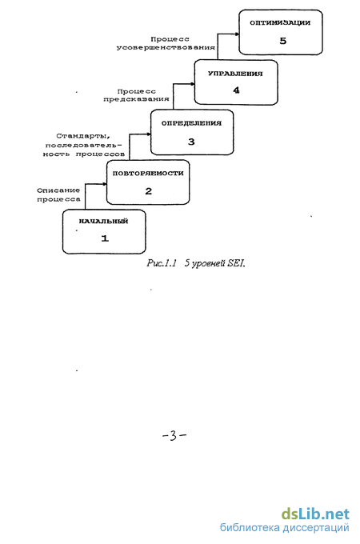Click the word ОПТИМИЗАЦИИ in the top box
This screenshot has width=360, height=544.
tap(280, 23)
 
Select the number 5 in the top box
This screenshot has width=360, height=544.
tap(283, 41)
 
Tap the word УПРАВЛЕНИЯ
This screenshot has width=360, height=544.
tap(235, 74)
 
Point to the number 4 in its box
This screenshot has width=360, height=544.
tap(236, 90)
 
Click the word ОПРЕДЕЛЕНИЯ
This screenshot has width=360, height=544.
tap(191, 123)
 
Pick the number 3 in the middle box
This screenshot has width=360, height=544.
tap(191, 142)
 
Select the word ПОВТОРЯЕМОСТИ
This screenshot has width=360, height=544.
tap(148, 173)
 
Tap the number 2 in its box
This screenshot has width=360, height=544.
tap(149, 191)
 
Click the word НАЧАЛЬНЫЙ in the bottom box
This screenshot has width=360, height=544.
tap(104, 221)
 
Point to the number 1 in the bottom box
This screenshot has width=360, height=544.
tap(105, 238)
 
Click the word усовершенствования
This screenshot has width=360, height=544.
tap(166, 47)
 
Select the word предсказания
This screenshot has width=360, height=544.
tap(136, 99)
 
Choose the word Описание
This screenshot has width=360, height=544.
tap(58, 190)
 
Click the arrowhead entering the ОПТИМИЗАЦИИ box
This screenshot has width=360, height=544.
tap(238, 34)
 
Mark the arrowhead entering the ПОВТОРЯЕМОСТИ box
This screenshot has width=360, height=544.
tap(105, 184)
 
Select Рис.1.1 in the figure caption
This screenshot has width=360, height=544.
tap(162, 263)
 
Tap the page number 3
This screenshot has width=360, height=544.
tap(174, 435)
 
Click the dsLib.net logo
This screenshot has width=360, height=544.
tap(315, 514)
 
